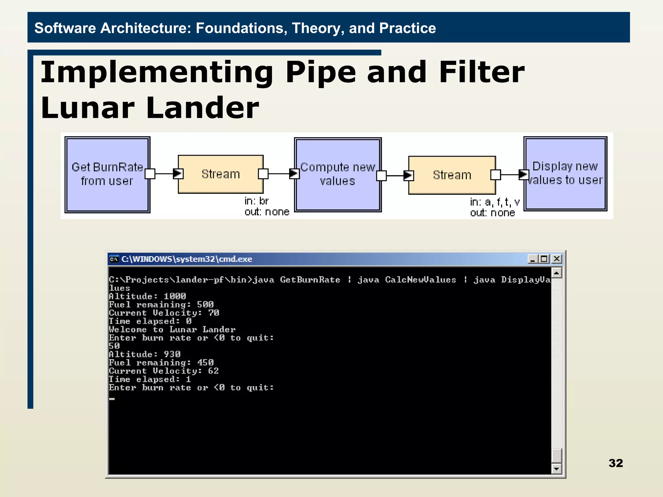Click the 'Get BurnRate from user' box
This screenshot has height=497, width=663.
click(x=107, y=174)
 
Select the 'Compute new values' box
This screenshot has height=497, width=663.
click(x=338, y=174)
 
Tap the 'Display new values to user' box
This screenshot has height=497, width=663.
click(x=565, y=173)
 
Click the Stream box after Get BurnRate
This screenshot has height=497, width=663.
click(x=221, y=174)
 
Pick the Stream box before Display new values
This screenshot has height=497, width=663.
click(x=452, y=175)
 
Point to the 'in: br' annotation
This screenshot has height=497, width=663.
click(x=256, y=201)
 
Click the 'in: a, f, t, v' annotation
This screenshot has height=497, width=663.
click(x=495, y=202)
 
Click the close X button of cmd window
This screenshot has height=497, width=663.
click(x=556, y=259)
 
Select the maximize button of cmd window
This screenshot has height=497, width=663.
click(x=544, y=259)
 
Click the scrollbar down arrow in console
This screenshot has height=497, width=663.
click(x=556, y=469)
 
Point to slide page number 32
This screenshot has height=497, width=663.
click(x=615, y=463)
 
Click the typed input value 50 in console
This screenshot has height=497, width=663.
click(x=114, y=346)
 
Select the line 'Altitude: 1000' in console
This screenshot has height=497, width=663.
click(x=147, y=296)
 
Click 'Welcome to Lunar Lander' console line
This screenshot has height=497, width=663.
click(x=172, y=330)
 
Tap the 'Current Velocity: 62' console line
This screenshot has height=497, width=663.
click(x=164, y=371)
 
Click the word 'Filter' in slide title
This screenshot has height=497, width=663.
click(x=481, y=72)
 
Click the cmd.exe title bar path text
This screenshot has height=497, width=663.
click(x=186, y=259)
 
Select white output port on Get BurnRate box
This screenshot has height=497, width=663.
click(x=150, y=174)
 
